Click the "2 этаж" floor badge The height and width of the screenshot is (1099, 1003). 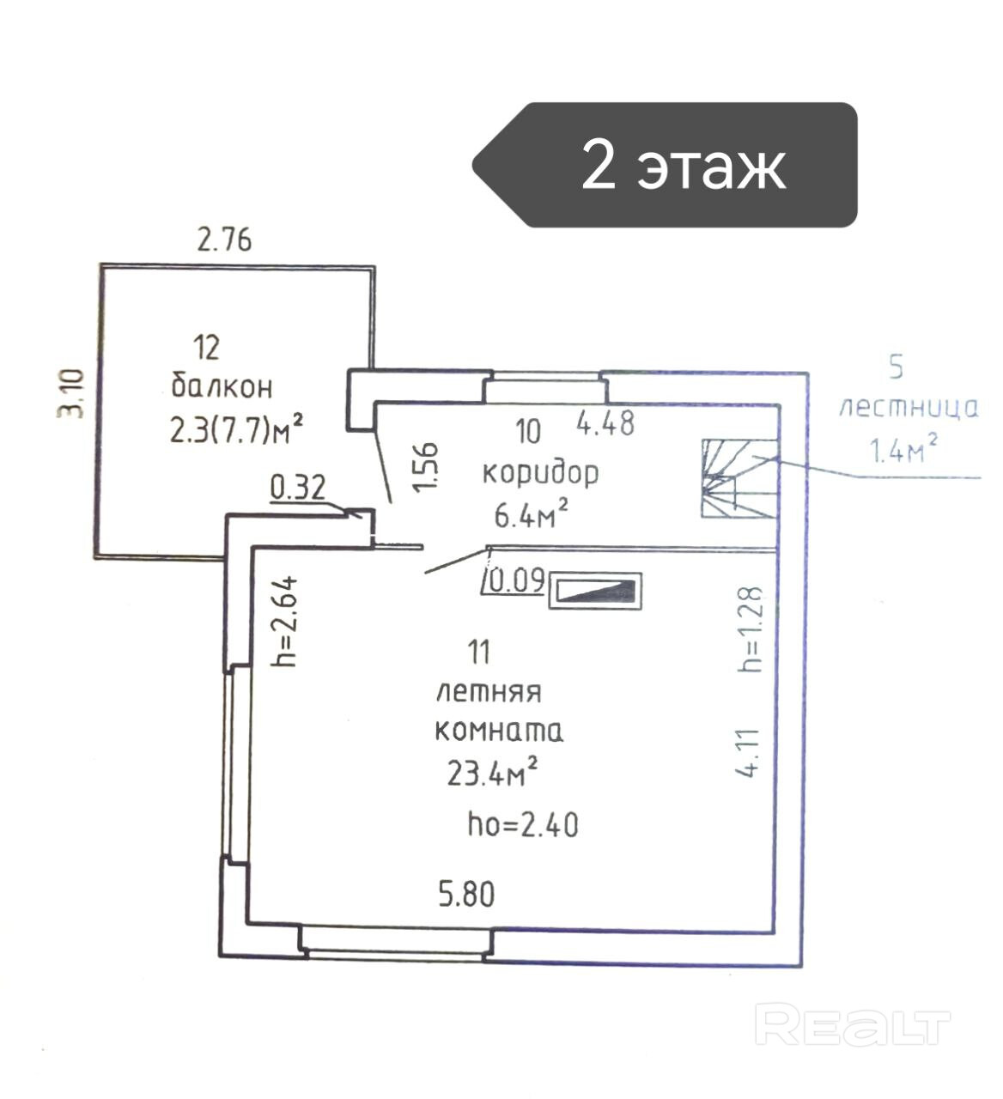(666, 165)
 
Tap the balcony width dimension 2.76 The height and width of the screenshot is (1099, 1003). (225, 239)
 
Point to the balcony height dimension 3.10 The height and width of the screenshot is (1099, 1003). (70, 392)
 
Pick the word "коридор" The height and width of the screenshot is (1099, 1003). (540, 472)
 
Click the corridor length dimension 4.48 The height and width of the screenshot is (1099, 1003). (605, 423)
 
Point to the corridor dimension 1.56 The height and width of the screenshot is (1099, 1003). (426, 468)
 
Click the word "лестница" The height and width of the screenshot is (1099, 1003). (908, 407)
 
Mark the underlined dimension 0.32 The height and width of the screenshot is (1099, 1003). (298, 488)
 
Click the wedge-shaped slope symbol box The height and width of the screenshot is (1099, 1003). (596, 591)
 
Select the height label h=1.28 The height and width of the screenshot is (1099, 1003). (750, 629)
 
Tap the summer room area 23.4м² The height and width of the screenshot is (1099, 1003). (492, 773)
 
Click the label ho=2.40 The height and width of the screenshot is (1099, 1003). (522, 824)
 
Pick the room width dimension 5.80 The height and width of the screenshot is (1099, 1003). (466, 895)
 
